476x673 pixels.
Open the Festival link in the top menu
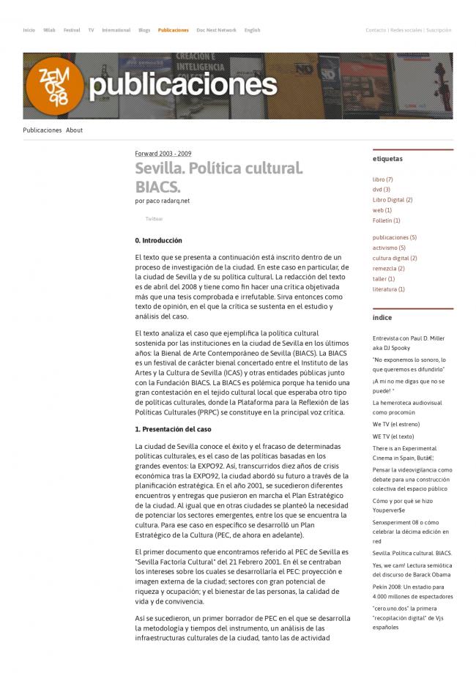coord(72,30)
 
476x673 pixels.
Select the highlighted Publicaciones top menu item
coord(173,30)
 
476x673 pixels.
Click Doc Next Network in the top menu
coord(216,30)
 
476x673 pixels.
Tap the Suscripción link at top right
coord(439,30)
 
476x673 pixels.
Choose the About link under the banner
coord(74,130)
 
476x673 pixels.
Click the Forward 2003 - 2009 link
coord(163,154)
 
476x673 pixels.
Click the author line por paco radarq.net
coord(163,201)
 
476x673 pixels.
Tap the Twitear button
coord(154,218)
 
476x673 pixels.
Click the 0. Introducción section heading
coord(158,240)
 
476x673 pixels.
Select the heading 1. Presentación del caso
coord(173,428)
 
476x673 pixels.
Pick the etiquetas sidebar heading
coord(387,159)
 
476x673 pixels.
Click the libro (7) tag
coord(383,179)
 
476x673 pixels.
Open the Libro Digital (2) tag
coord(393,200)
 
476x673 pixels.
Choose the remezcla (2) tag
coord(389,268)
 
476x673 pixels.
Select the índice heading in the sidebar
coord(382,318)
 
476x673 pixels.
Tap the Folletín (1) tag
coord(387,220)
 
